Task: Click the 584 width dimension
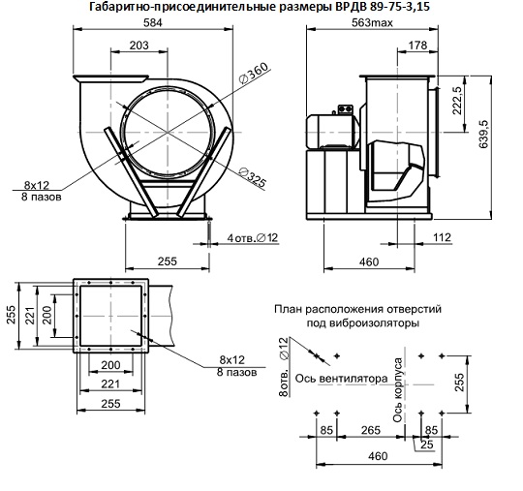pos(152,22)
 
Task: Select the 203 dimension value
pos(138,45)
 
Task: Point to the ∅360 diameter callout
pos(254,73)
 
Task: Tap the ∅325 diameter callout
pos(253,177)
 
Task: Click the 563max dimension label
pos(372,22)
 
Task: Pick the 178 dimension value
pos(417,45)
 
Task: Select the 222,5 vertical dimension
pos(456,101)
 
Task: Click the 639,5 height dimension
pos(483,134)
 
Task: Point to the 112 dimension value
pos(442,237)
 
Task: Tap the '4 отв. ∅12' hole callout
pos(252,238)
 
